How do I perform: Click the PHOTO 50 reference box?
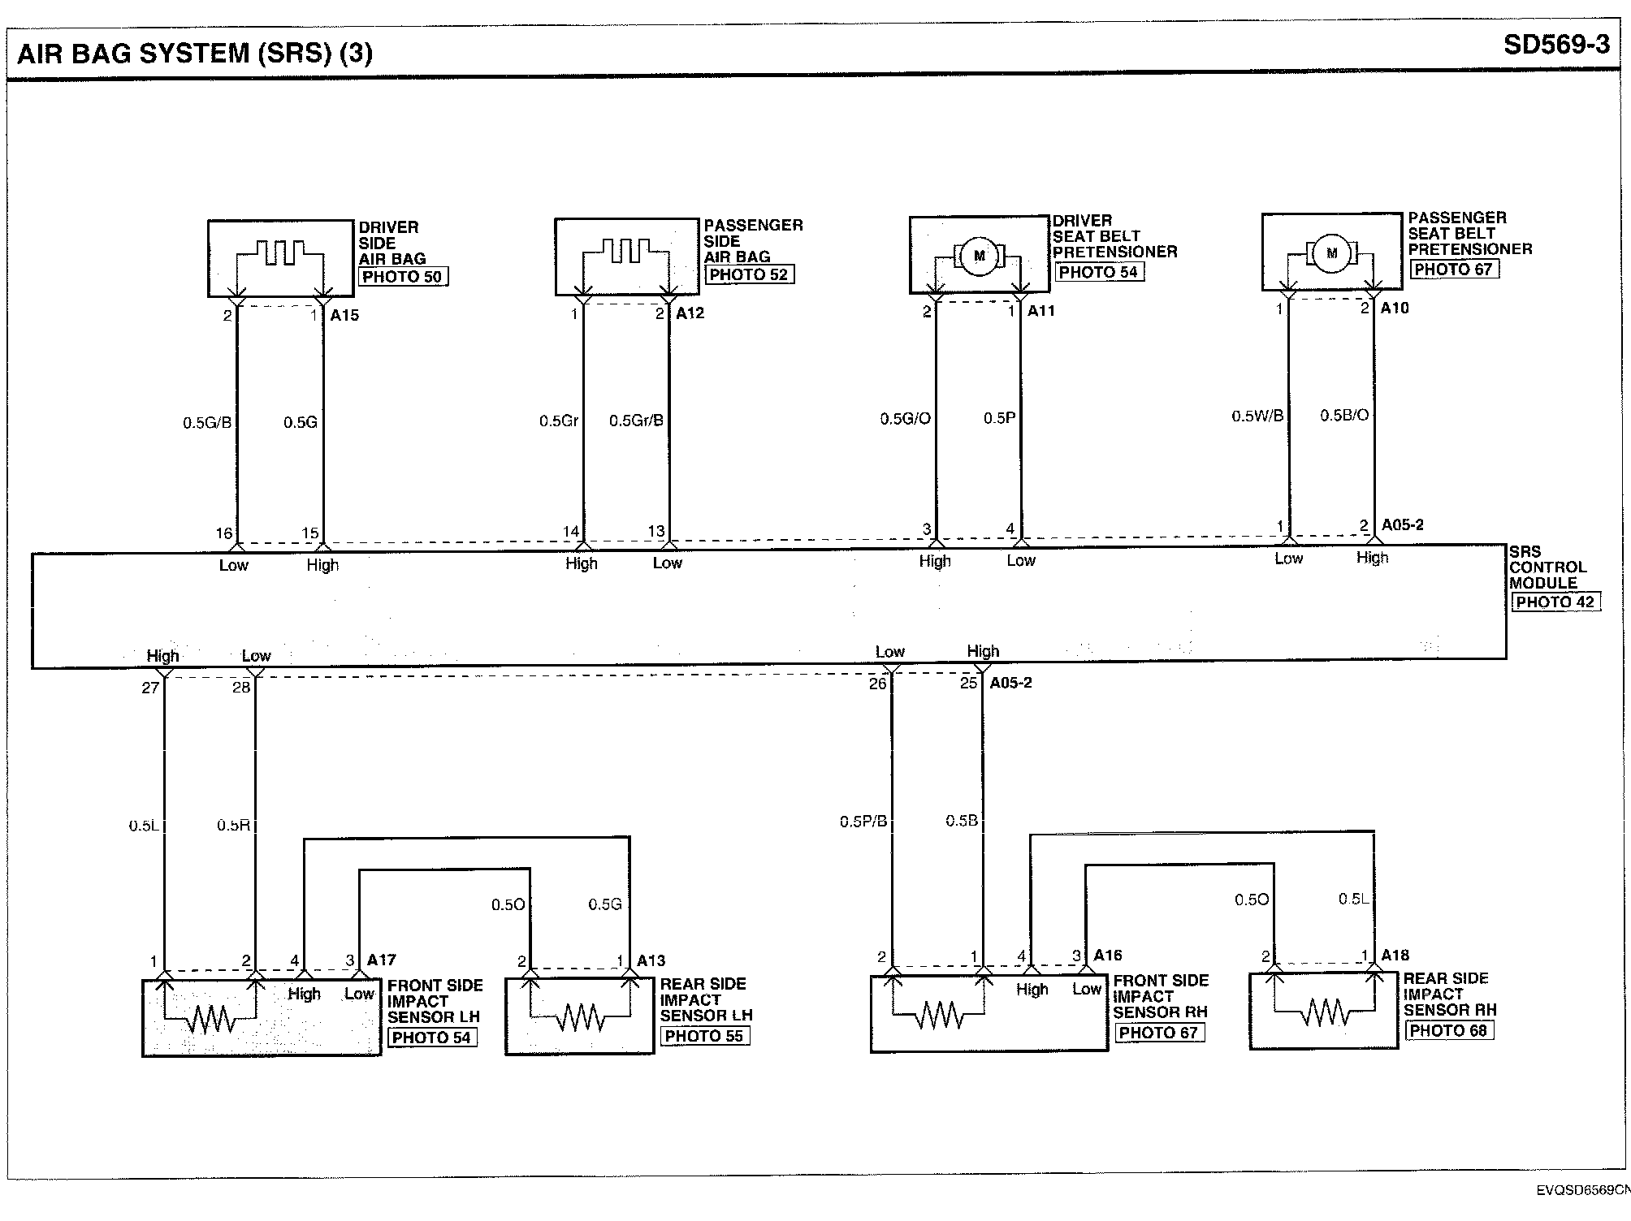(402, 277)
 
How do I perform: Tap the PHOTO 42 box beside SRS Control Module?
(1555, 602)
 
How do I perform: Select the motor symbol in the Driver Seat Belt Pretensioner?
(979, 257)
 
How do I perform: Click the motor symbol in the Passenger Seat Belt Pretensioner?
(1331, 253)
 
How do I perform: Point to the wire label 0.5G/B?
(207, 423)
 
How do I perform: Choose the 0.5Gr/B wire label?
(636, 421)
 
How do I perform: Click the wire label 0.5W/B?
(1257, 416)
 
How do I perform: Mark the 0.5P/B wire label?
(863, 822)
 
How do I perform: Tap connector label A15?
(344, 315)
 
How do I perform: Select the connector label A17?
(382, 960)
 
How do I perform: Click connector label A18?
(1395, 955)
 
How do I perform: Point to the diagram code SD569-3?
(1555, 45)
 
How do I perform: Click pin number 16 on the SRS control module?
(224, 533)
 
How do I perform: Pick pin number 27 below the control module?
(150, 688)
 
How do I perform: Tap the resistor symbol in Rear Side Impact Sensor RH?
(1325, 1012)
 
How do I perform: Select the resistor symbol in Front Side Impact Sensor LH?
(210, 1018)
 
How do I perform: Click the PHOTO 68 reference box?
(1449, 1030)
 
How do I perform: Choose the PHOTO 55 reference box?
(703, 1036)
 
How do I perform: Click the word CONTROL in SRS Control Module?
(1547, 567)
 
